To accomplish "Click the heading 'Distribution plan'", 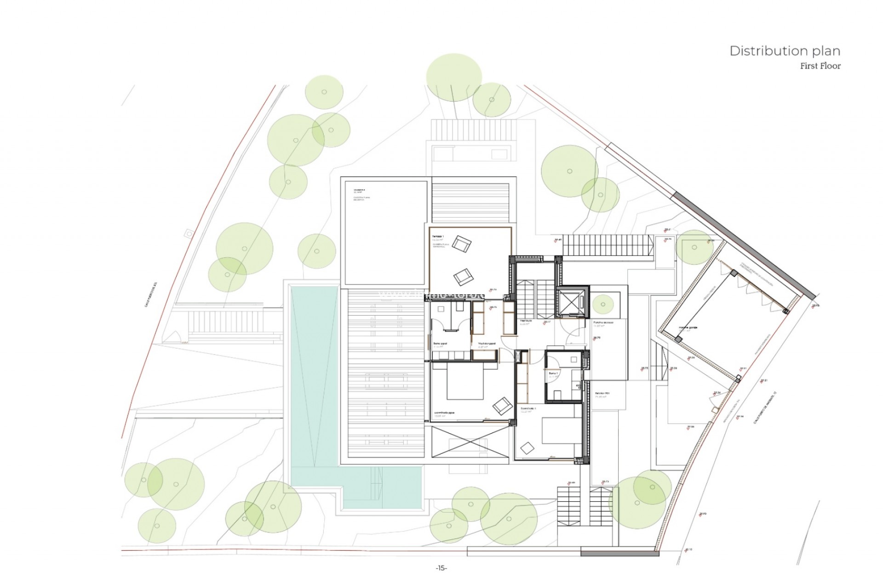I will tap(785, 51).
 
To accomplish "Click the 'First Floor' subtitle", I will tap(820, 66).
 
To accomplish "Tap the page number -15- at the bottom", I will tap(441, 568).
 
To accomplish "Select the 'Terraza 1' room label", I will tap(438, 236).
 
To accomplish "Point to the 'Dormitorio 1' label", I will tap(528, 408).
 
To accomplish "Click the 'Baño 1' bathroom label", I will tap(553, 373).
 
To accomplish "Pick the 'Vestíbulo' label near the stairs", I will tap(526, 321).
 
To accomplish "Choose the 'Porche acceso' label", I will tap(603, 322).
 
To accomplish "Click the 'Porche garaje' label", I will tap(688, 328).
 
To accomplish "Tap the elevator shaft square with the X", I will tap(572, 302).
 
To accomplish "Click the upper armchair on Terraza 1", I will tap(461, 243).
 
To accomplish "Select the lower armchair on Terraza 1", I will tap(463, 277).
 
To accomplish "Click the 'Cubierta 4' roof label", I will tap(359, 189).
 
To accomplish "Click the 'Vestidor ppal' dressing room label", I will tap(487, 343).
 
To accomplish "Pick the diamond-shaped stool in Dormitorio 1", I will tap(527, 447).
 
